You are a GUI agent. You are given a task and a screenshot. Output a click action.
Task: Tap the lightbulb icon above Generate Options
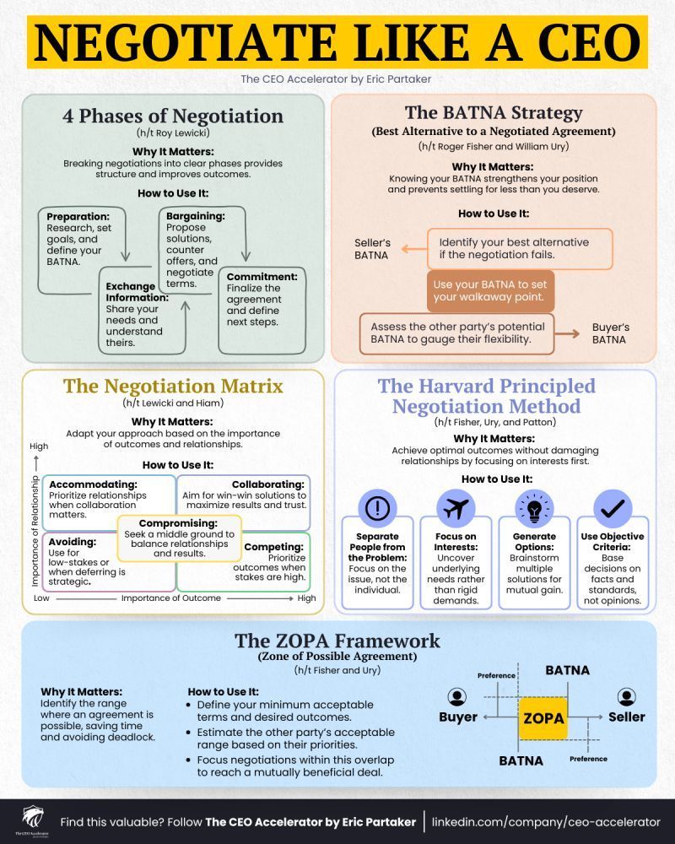click(x=534, y=509)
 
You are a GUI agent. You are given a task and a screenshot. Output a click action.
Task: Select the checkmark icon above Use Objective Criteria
click(x=612, y=509)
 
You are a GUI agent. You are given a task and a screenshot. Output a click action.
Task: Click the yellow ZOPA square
click(x=543, y=718)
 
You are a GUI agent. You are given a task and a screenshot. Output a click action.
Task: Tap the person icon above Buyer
click(x=457, y=697)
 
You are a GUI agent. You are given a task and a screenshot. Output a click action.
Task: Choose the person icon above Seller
click(x=626, y=697)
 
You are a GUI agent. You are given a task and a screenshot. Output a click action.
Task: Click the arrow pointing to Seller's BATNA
click(x=413, y=249)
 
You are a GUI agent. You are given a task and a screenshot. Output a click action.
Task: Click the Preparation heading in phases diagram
click(x=77, y=215)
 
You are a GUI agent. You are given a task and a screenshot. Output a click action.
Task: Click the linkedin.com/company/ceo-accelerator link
click(x=546, y=822)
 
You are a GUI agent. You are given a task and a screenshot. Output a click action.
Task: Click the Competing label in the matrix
click(x=273, y=547)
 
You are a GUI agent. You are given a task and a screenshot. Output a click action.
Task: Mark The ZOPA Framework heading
click(x=337, y=641)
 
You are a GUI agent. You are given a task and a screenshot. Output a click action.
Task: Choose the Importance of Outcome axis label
click(x=172, y=598)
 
